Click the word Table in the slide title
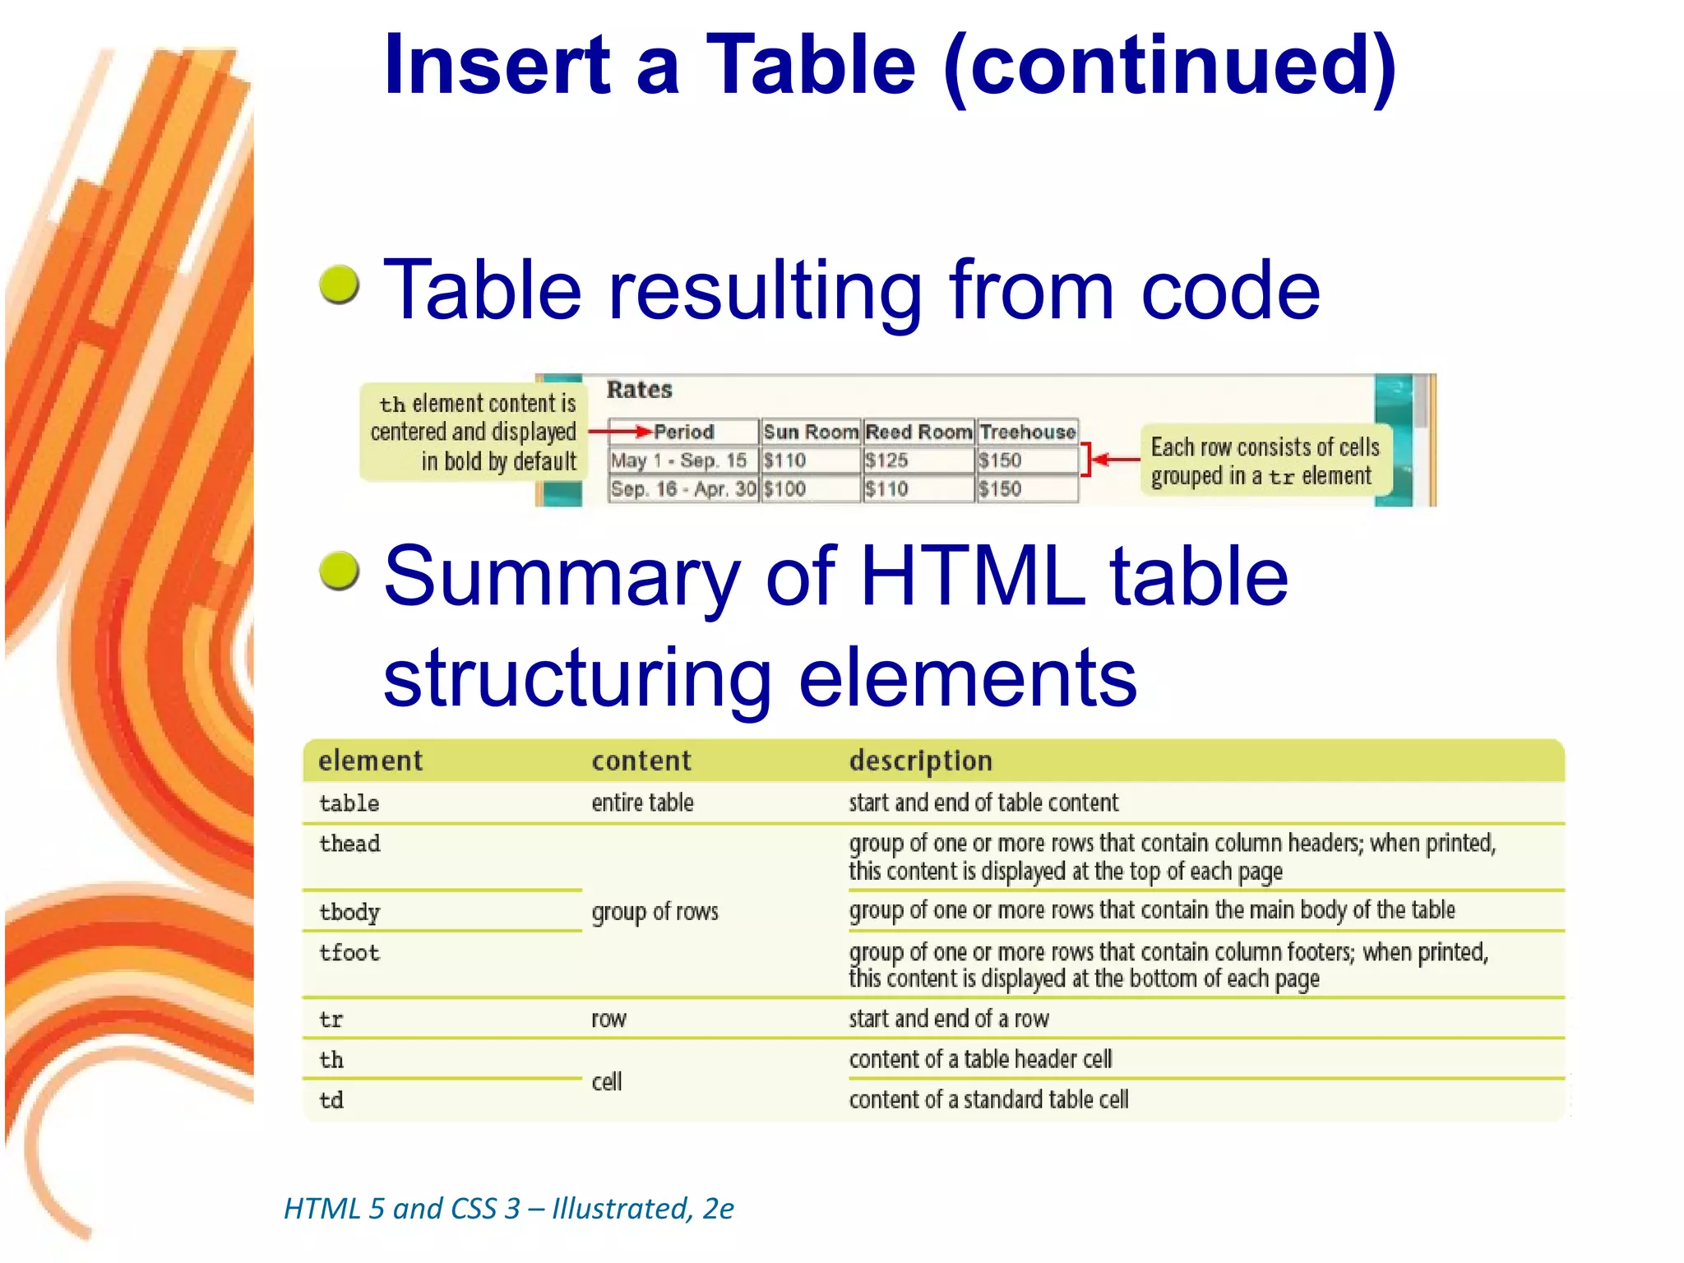coord(810,66)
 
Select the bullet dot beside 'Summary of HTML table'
coord(340,571)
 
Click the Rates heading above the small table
coord(639,390)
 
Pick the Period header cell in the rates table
coord(683,432)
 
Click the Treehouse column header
coord(1028,432)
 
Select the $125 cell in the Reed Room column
coord(886,460)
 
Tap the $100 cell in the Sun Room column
coord(784,489)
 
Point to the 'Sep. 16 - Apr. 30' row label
coord(683,489)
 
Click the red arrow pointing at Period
coord(621,431)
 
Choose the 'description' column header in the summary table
coord(920,761)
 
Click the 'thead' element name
coord(349,844)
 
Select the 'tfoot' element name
coord(349,953)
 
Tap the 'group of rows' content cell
coord(655,912)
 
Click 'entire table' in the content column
coord(642,803)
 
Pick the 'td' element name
coord(331,1100)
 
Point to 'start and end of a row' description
coord(949,1019)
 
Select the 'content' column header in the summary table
coord(641,761)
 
